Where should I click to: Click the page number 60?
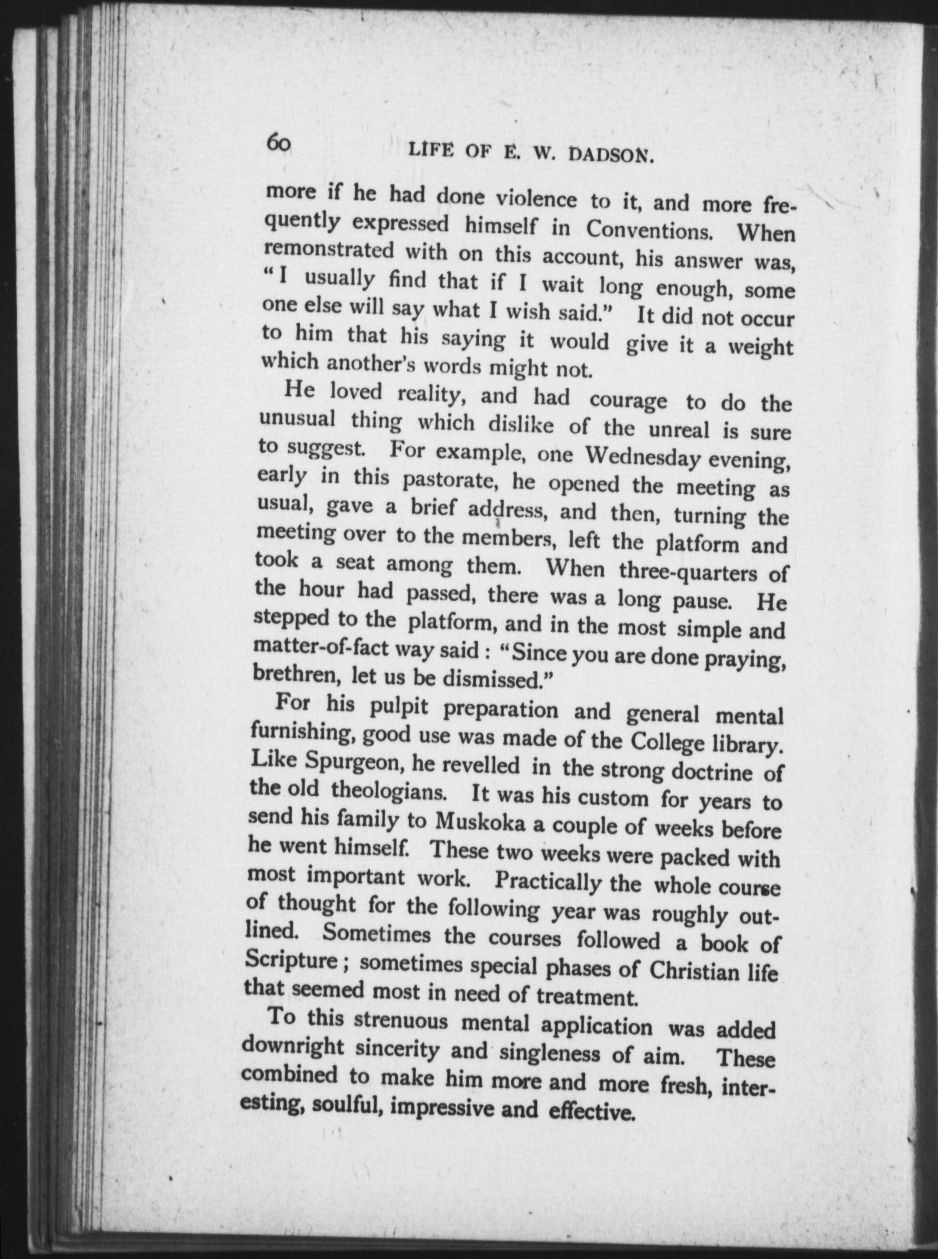(x=278, y=143)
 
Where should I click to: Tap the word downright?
(x=293, y=1046)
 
